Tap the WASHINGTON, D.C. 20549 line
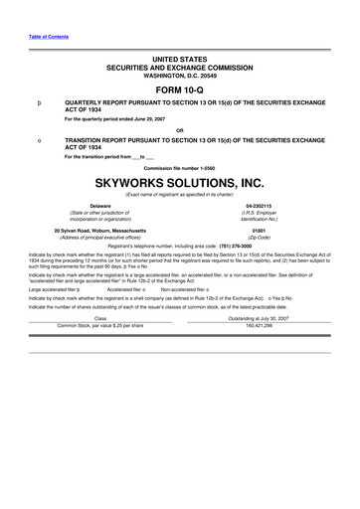tap(179, 73)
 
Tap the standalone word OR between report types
tap(179, 130)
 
